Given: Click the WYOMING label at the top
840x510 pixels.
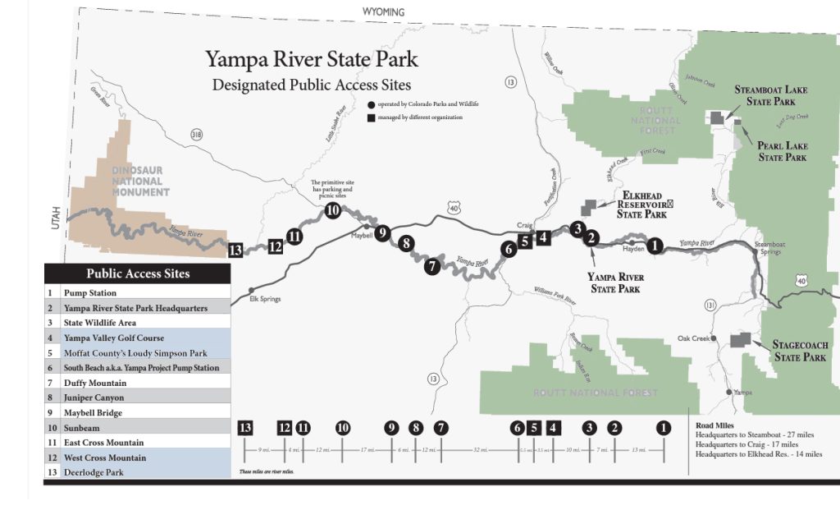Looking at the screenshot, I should click(384, 12).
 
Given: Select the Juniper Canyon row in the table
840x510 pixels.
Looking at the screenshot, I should click(95, 397).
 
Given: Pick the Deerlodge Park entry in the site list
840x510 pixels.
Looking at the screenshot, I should click(94, 472).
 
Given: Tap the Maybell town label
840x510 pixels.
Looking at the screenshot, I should click(362, 235).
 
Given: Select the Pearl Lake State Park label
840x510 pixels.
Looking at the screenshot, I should click(782, 151).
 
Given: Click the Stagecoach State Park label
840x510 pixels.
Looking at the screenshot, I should click(800, 351).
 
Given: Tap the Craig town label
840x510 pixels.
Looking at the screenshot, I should click(525, 224).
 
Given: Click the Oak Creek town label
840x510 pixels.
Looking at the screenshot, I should click(693, 338).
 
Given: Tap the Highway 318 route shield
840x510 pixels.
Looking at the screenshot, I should click(196, 134).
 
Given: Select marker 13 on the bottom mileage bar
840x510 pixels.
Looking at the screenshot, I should click(245, 427).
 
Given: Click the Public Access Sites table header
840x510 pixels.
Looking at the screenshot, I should click(138, 273).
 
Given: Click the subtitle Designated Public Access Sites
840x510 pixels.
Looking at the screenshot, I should click(312, 85).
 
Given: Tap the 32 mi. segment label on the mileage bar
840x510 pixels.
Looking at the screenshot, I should click(477, 450).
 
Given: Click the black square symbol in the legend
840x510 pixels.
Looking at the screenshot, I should click(372, 117).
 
